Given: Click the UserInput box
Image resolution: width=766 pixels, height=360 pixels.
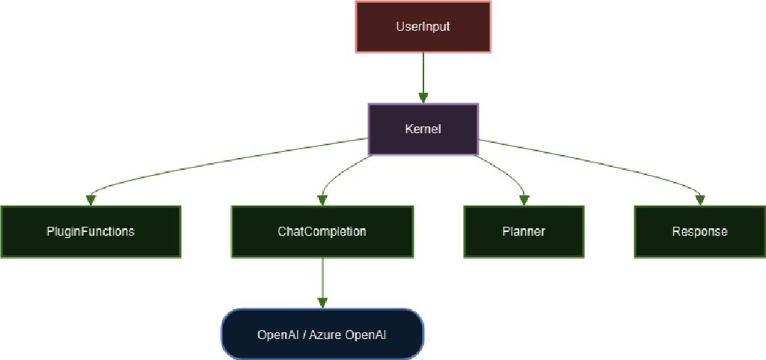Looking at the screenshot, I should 423,27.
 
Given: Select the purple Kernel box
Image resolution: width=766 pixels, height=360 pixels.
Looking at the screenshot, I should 423,129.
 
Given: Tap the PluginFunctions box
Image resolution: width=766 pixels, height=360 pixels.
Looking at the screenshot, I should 91,231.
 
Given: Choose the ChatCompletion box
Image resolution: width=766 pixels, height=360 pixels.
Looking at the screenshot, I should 322,231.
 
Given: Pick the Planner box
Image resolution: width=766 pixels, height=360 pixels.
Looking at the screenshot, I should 524,231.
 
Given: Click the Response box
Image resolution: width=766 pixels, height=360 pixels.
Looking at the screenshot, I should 699,231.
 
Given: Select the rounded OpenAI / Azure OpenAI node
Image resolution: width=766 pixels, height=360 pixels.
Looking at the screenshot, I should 322,334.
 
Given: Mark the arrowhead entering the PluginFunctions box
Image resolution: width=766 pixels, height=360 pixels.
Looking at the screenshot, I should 91,200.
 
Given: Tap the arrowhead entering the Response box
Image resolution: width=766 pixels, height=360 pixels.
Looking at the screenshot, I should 700,200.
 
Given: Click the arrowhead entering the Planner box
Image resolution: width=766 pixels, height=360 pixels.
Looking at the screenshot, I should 524,200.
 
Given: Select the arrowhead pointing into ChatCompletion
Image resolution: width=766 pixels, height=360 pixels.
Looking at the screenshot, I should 322,200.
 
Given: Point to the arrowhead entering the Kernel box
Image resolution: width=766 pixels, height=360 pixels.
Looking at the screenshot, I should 423,97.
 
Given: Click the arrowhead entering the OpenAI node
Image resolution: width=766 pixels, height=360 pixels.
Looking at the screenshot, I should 322,302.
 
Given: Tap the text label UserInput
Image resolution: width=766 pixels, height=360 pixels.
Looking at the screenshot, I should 423,27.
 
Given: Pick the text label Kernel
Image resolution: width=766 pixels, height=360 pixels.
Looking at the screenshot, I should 423,129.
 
